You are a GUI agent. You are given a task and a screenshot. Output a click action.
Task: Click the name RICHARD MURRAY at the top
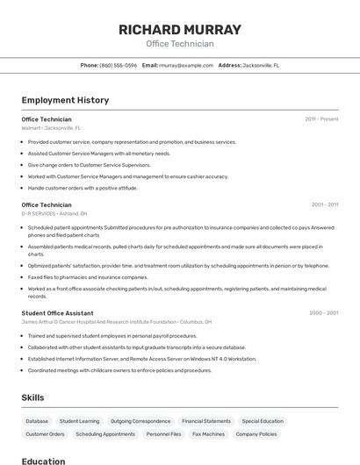click(x=179, y=30)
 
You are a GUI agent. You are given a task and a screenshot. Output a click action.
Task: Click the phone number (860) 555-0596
click(x=118, y=65)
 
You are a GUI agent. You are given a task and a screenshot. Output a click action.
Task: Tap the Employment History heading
click(x=65, y=100)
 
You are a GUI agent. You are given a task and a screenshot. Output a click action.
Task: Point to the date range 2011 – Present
click(x=321, y=119)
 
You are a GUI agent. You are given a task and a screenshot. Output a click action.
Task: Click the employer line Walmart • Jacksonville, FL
click(x=50, y=128)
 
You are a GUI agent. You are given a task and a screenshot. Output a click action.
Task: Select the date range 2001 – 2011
click(x=324, y=204)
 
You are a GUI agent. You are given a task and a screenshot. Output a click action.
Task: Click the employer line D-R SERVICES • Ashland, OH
click(x=54, y=213)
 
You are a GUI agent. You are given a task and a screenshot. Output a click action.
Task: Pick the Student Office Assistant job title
click(x=57, y=313)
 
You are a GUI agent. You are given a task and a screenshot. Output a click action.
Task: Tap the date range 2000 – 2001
click(x=323, y=313)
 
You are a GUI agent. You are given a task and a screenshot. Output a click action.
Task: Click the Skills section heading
click(x=32, y=397)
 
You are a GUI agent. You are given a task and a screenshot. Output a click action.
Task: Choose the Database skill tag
click(x=37, y=421)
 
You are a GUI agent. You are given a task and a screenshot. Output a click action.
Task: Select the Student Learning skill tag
click(x=79, y=421)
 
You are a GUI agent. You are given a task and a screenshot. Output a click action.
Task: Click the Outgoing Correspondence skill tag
click(x=140, y=421)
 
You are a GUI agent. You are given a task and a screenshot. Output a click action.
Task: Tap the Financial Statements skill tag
click(x=206, y=421)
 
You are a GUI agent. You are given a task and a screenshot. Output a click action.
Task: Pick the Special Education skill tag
click(x=263, y=421)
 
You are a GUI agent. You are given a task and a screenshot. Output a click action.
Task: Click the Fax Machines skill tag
click(x=208, y=434)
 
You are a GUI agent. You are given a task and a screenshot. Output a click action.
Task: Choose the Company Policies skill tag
click(x=256, y=434)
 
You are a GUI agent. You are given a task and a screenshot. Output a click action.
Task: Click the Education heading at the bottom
click(x=43, y=461)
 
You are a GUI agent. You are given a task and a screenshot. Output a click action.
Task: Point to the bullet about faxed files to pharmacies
click(x=88, y=277)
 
